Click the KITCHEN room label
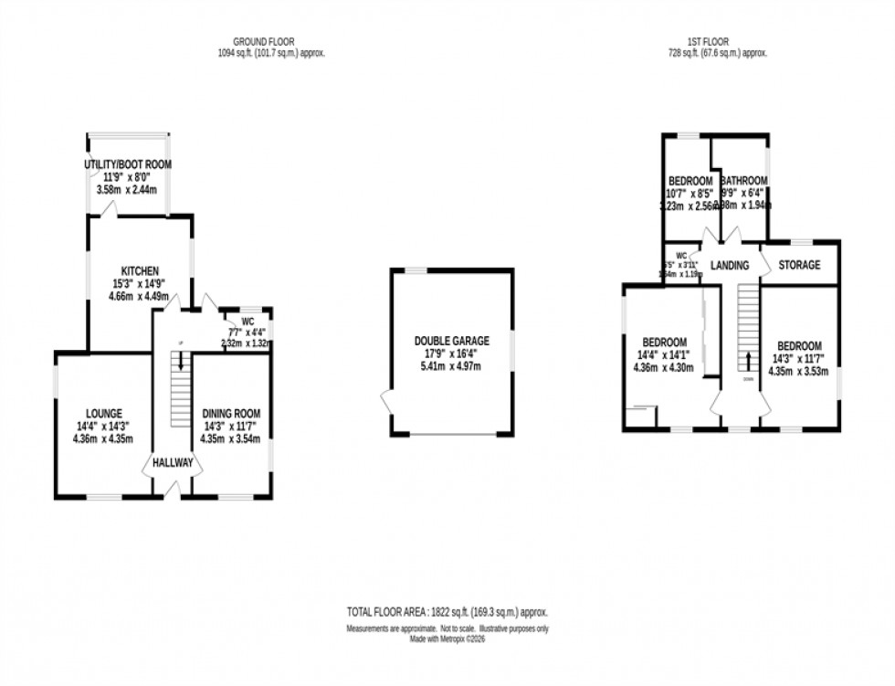(x=141, y=271)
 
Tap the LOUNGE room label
(x=100, y=414)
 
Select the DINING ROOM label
(x=231, y=414)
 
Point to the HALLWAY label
(x=173, y=463)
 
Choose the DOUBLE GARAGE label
(x=451, y=341)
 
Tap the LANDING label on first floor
(x=729, y=266)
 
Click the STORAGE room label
(x=799, y=265)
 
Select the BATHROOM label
(x=742, y=181)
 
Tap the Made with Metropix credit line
(x=447, y=639)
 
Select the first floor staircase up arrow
(x=749, y=359)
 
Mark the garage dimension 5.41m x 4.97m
(x=451, y=366)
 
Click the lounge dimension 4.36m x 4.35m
(x=100, y=439)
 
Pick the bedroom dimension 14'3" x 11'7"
(x=799, y=359)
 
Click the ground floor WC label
(x=247, y=322)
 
